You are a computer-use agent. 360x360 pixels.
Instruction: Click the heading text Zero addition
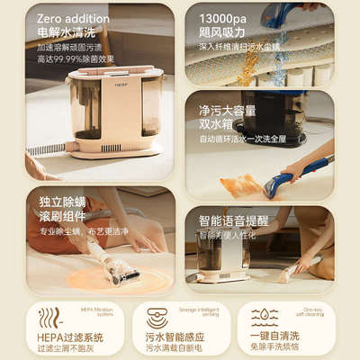67,17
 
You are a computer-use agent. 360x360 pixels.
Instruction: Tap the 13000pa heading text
220,17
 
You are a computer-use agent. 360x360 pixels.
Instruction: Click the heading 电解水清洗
60,31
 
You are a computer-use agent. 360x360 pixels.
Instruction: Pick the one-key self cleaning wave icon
264,317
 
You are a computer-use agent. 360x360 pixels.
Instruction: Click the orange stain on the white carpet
241,185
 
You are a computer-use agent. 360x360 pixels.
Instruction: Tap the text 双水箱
212,124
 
